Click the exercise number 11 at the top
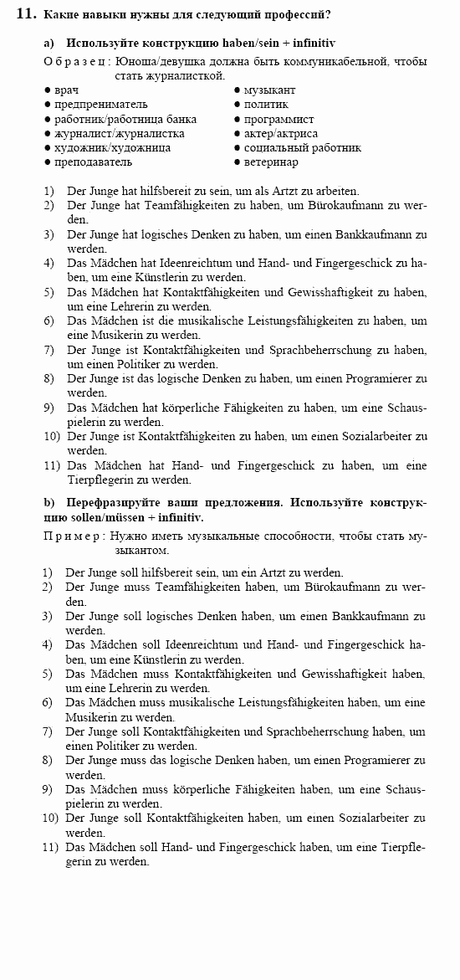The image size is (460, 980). click(25, 14)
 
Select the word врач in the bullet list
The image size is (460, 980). click(66, 90)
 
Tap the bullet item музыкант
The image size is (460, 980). click(269, 90)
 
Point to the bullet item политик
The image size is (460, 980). click(266, 105)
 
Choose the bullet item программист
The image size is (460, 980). click(279, 119)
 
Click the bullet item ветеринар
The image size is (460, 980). click(271, 162)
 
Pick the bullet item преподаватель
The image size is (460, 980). click(93, 162)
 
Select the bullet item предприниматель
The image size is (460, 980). click(100, 105)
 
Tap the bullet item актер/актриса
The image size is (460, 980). click(280, 133)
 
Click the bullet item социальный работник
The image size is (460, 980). click(302, 147)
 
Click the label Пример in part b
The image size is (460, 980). click(72, 536)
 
